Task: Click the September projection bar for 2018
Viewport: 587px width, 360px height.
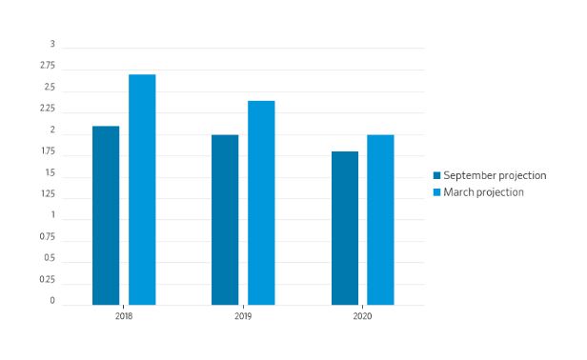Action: click(106, 215)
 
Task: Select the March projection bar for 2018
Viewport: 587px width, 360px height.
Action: click(142, 190)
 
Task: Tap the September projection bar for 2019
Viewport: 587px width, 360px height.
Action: click(225, 220)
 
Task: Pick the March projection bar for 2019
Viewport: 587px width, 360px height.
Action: click(261, 203)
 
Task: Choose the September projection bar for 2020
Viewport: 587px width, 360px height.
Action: click(345, 229)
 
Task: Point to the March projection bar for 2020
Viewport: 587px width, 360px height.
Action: click(380, 220)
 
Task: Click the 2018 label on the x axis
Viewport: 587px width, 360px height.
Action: click(124, 316)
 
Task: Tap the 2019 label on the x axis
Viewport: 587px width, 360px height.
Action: click(243, 316)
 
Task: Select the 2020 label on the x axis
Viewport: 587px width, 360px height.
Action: click(362, 316)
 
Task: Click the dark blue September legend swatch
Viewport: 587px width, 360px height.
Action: click(436, 175)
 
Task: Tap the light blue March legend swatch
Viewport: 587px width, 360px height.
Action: click(436, 192)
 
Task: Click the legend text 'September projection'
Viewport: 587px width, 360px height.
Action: click(495, 175)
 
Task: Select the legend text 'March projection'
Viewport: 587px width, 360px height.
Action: click(484, 192)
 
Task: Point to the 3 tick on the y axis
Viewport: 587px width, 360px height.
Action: click(52, 44)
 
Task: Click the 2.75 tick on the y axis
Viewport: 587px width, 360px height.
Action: click(48, 66)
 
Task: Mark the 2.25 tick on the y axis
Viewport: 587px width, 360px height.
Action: click(48, 109)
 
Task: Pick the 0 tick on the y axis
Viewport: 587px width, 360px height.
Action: click(52, 301)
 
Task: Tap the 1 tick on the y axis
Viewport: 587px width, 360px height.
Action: click(53, 215)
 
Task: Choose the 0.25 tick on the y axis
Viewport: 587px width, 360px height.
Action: click(48, 279)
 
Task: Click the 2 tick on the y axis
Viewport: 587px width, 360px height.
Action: click(52, 130)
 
